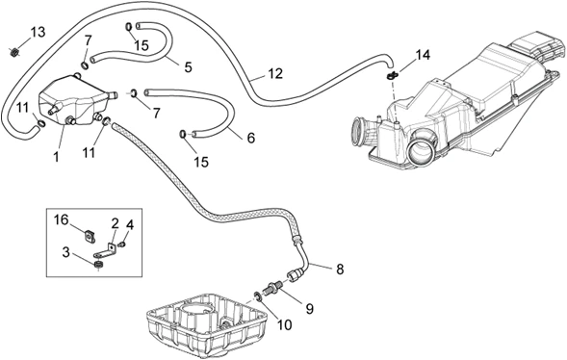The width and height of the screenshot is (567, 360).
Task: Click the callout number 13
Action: (38, 32)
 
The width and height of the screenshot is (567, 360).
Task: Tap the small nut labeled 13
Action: (13, 53)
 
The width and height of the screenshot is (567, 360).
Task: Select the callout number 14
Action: (423, 55)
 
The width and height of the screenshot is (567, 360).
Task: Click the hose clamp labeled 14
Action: (393, 75)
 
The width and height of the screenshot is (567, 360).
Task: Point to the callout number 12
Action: (275, 73)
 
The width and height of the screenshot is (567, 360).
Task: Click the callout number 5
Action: (188, 67)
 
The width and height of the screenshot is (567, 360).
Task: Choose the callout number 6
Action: (251, 138)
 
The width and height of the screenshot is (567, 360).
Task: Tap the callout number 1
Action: (56, 157)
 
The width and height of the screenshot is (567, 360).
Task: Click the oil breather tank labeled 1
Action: (77, 100)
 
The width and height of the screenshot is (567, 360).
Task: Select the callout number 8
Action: (340, 270)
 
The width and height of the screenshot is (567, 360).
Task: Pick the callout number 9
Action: (310, 309)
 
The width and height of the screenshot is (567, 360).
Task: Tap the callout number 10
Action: (284, 325)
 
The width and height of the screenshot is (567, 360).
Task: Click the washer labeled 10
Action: (259, 296)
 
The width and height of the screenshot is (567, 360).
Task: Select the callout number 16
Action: (62, 219)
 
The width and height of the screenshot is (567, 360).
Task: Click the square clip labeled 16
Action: (90, 237)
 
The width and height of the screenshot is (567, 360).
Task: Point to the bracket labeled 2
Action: (105, 250)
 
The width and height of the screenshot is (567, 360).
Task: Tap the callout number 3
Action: (65, 252)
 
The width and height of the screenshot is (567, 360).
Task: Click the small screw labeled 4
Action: (122, 245)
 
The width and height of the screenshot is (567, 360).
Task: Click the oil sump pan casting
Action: (206, 325)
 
